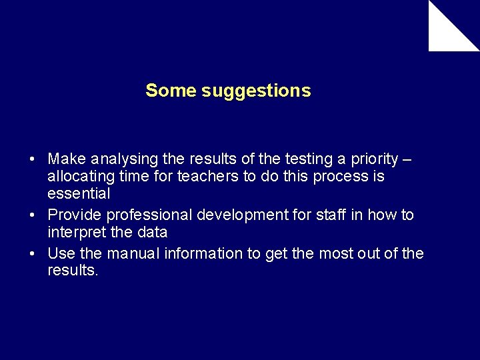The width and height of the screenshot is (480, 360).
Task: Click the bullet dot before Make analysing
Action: (32, 160)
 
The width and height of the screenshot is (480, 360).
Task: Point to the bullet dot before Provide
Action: (32, 216)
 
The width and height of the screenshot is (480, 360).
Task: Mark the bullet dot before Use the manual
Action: (32, 255)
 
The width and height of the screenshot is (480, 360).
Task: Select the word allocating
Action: (79, 177)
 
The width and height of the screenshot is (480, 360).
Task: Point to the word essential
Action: (79, 194)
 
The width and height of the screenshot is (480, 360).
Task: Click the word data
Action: (153, 232)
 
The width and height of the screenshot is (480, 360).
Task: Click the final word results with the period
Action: (73, 271)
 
